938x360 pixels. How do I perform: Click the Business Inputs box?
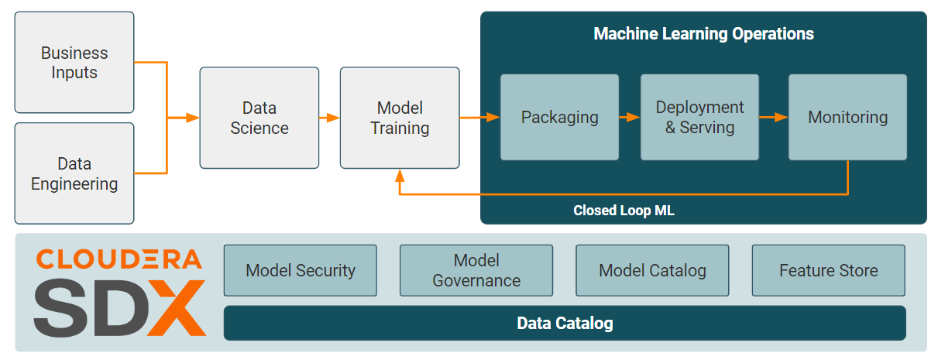tap(74, 63)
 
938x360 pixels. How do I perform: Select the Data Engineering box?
tap(74, 173)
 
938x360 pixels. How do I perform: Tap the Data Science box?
tap(259, 118)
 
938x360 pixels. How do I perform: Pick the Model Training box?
tap(400, 118)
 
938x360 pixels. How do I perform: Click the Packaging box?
tap(559, 118)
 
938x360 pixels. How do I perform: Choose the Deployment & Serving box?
tap(699, 118)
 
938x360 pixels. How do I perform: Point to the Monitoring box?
tap(847, 118)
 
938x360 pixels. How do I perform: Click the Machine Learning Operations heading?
tap(703, 34)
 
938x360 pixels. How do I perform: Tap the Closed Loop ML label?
tap(624, 211)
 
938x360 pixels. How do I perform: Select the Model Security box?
tap(301, 270)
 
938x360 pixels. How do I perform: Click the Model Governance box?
tap(476, 270)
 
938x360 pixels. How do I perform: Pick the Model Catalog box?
tap(652, 270)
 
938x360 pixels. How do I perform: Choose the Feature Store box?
tap(828, 270)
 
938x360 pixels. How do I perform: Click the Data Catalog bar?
tap(565, 323)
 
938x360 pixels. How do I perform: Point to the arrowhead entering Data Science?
tap(194, 118)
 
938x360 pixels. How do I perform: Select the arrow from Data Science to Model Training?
tap(329, 118)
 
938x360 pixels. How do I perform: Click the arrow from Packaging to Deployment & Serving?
tap(630, 118)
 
